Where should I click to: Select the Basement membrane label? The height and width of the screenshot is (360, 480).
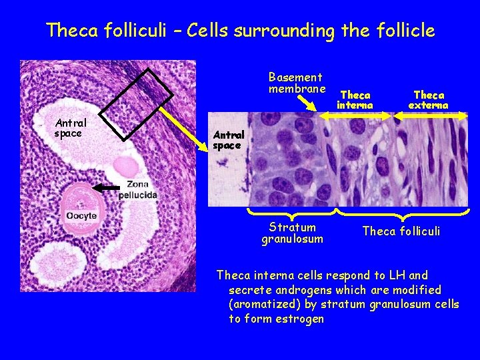pyautogui.click(x=297, y=83)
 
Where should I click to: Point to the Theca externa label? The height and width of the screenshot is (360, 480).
pyautogui.click(x=428, y=100)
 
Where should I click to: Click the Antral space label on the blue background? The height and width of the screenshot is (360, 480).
pyautogui.click(x=70, y=128)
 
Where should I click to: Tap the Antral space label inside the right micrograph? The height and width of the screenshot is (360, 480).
pyautogui.click(x=229, y=140)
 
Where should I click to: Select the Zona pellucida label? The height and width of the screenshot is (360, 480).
pyautogui.click(x=138, y=189)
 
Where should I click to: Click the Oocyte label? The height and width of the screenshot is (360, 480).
pyautogui.click(x=81, y=215)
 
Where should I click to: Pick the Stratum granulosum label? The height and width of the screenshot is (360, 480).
pyautogui.click(x=292, y=233)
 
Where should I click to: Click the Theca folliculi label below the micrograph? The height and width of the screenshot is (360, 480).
pyautogui.click(x=401, y=231)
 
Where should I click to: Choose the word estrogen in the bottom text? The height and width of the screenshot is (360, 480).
pyautogui.click(x=295, y=319)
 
